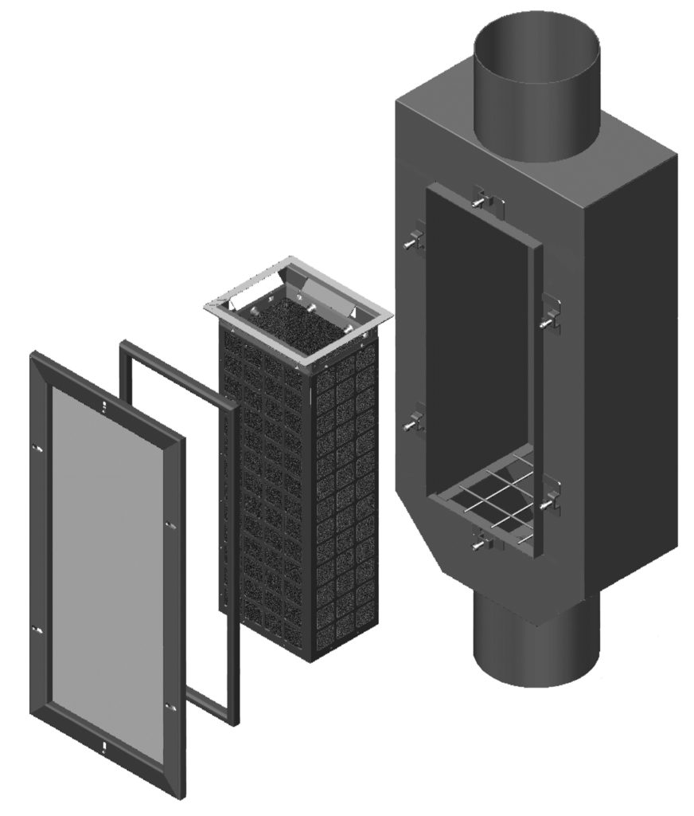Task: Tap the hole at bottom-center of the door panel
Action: point(104,745)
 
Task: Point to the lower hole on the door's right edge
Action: point(168,705)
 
